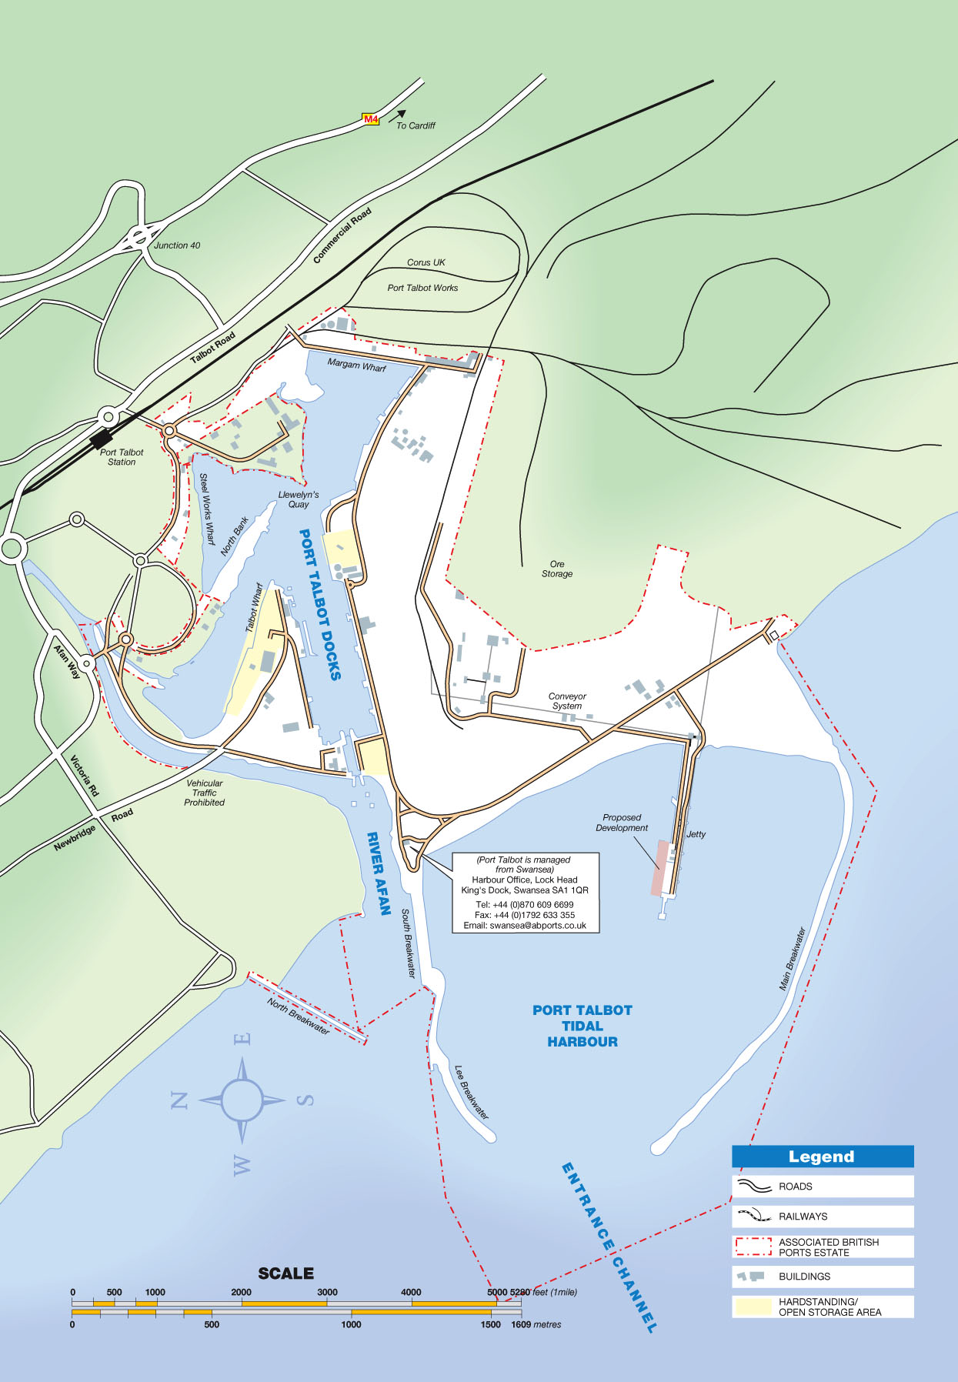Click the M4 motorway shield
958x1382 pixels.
(371, 119)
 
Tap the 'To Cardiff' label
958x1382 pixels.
(416, 125)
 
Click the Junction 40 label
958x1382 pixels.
(177, 245)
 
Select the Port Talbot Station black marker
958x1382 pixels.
(101, 439)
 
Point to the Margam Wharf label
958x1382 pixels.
(357, 365)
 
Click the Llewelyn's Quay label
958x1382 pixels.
(299, 499)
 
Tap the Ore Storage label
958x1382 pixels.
(557, 569)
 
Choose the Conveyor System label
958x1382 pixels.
(567, 701)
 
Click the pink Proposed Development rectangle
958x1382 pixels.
(660, 867)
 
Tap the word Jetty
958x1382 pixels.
(696, 834)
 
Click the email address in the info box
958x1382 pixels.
(525, 926)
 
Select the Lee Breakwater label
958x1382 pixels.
(471, 1092)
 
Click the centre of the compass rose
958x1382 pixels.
(242, 1100)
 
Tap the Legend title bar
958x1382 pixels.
(822, 1157)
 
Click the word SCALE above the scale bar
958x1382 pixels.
(286, 1274)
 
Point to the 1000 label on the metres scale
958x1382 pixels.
(351, 1324)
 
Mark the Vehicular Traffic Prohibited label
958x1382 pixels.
(204, 793)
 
